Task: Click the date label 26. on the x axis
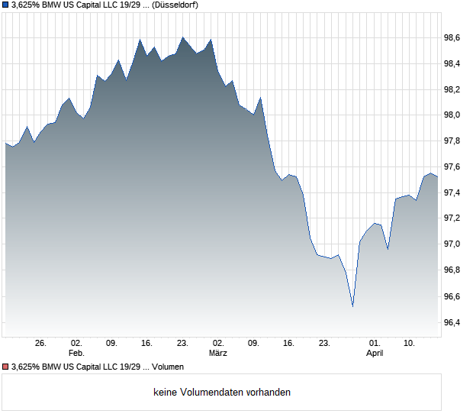pyautogui.click(x=41, y=344)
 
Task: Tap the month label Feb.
pyautogui.click(x=76, y=354)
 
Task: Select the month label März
pyautogui.click(x=218, y=354)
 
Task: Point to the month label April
pyautogui.click(x=375, y=354)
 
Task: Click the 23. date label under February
pyautogui.click(x=182, y=344)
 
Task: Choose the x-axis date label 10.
pyautogui.click(x=410, y=344)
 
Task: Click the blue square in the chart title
pyautogui.click(x=5, y=5)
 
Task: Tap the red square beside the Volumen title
pyautogui.click(x=5, y=367)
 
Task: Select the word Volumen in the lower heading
pyautogui.click(x=168, y=367)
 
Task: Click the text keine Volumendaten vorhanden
pyautogui.click(x=222, y=393)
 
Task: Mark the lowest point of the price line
pyautogui.click(x=352, y=306)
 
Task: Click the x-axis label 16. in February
pyautogui.click(x=147, y=344)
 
